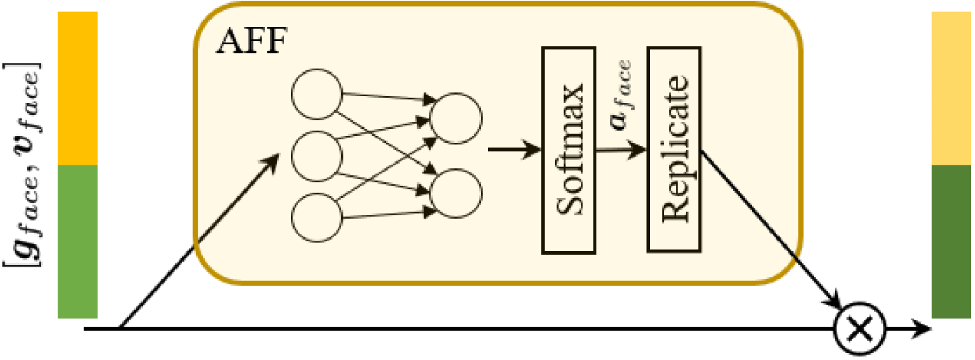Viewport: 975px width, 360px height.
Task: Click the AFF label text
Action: [x=251, y=41]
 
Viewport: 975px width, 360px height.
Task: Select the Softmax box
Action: [x=569, y=150]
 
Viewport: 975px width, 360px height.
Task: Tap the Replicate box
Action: [x=674, y=150]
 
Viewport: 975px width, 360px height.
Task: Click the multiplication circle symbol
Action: [x=859, y=328]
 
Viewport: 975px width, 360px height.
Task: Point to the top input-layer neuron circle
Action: [x=316, y=94]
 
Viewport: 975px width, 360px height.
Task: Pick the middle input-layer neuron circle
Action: [x=316, y=156]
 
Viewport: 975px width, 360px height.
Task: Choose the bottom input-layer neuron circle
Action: [x=316, y=217]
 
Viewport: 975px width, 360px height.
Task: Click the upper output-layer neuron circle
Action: [x=456, y=118]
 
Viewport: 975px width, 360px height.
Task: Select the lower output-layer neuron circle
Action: [x=456, y=193]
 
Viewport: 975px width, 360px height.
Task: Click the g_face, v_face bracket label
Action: [x=23, y=164]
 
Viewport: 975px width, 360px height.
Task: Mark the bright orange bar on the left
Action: [x=78, y=88]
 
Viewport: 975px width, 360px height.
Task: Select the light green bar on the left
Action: [x=78, y=241]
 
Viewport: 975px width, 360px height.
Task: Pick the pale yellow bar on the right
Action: [x=951, y=88]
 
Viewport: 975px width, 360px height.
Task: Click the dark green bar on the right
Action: [x=951, y=241]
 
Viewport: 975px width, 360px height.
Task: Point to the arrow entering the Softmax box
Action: [x=515, y=150]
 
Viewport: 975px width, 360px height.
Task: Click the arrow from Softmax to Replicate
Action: [x=621, y=150]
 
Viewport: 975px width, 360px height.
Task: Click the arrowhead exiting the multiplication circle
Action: [x=922, y=329]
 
